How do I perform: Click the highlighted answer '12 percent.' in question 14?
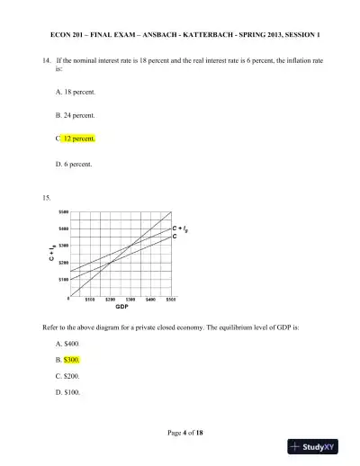(79, 139)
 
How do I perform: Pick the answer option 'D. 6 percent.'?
(73, 164)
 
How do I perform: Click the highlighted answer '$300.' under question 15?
(72, 360)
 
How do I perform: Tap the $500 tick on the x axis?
(171, 300)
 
